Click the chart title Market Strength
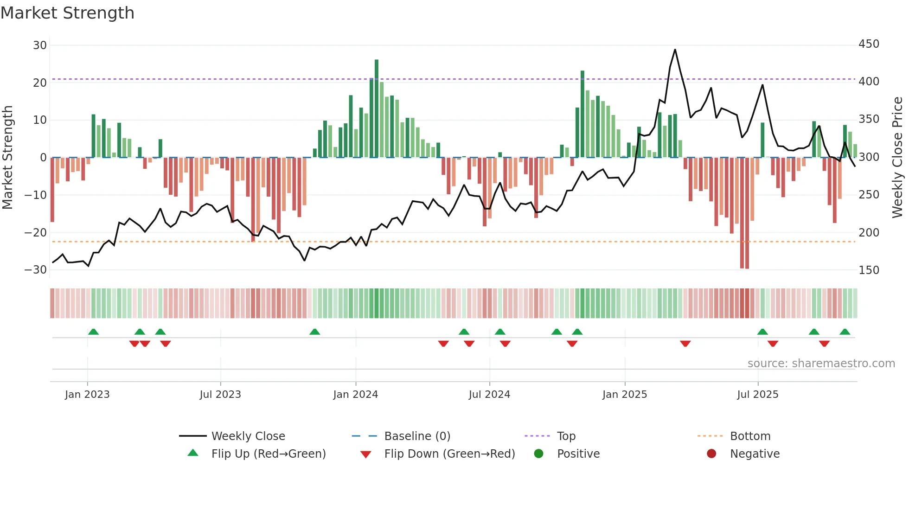pos(67,13)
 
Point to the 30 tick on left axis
pos(40,45)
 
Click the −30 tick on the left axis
pos(36,270)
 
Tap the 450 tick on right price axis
pos(869,44)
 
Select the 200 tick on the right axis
pos(869,232)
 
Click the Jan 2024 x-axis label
pos(355,395)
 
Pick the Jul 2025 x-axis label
pos(757,395)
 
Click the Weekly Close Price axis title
pos(897,158)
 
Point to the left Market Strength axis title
pos(8,158)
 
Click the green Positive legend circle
pos(538,454)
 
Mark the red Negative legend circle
pos(711,454)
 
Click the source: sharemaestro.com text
pos(821,364)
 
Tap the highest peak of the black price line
pos(675,50)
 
